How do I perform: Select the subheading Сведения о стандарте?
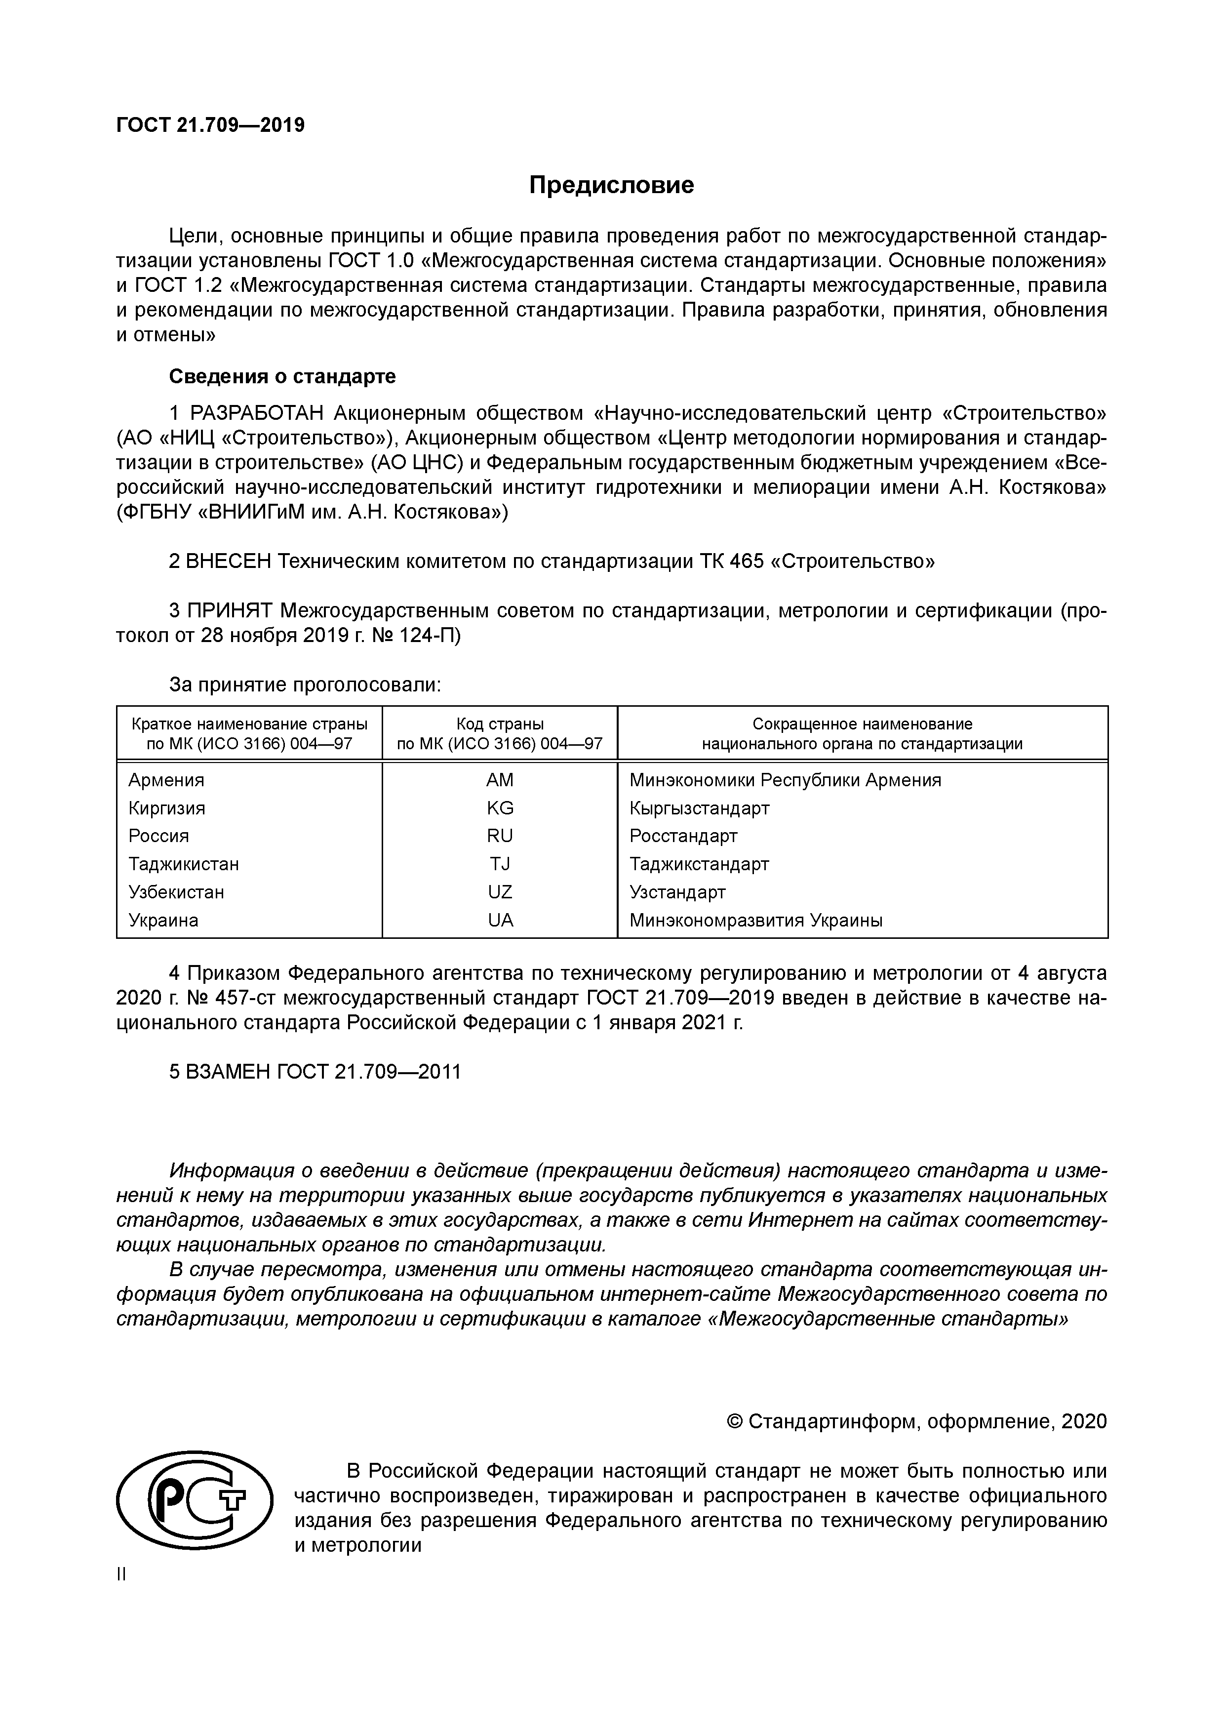pos(282,376)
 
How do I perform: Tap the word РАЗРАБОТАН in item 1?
pos(256,413)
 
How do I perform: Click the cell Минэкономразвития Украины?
pos(755,920)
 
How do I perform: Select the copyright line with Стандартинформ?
pos(916,1421)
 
